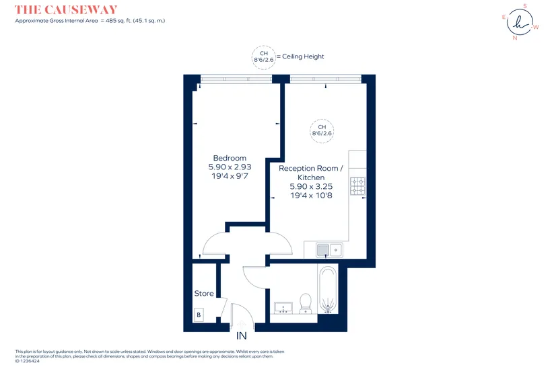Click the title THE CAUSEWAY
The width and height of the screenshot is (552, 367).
tap(66, 9)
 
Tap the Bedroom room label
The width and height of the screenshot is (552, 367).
tap(230, 158)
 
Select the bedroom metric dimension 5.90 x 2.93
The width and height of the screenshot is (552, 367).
tap(230, 167)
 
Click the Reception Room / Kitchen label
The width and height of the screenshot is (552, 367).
tap(311, 173)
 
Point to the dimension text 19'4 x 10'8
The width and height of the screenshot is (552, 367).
tap(311, 196)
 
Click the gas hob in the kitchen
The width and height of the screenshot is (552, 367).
tap(357, 186)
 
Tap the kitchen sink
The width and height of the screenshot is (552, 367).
tap(329, 250)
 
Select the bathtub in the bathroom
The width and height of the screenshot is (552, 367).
tap(328, 290)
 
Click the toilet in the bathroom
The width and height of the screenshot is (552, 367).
tap(305, 303)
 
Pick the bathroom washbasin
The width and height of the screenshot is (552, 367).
tap(283, 307)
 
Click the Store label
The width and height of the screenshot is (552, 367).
tap(204, 294)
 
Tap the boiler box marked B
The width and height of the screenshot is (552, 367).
tap(199, 315)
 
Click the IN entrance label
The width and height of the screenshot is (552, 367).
tap(242, 336)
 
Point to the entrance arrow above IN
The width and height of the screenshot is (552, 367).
tap(242, 325)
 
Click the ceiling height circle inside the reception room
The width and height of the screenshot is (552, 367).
tap(322, 131)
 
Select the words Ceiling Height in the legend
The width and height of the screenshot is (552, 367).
tap(303, 56)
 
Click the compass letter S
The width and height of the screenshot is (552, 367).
tap(525, 6)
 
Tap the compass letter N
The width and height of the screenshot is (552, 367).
tap(515, 38)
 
